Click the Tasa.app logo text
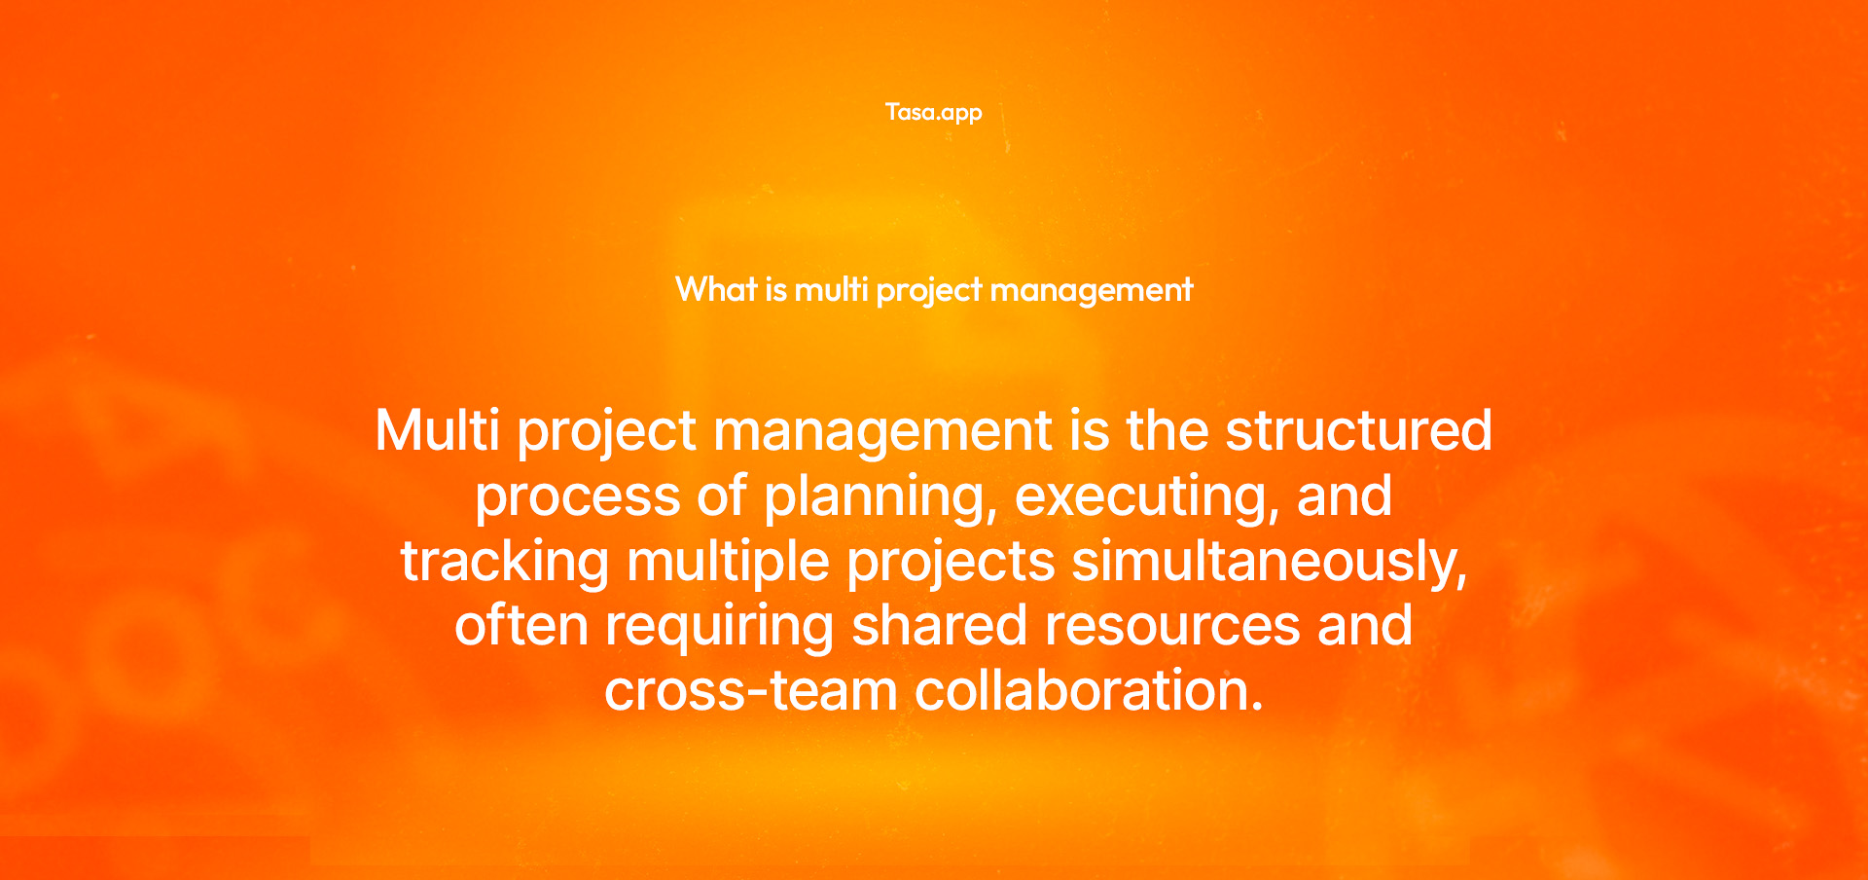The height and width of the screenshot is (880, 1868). [933, 113]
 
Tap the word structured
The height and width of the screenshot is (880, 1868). [1358, 430]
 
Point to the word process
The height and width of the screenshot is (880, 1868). [577, 496]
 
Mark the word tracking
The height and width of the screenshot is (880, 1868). [505, 562]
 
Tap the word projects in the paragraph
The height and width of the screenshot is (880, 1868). [951, 562]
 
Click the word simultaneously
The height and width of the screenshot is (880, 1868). [1270, 562]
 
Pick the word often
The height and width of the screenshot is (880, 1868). [521, 626]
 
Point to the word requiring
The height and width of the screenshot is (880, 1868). [720, 626]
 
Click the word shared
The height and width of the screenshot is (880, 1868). [939, 626]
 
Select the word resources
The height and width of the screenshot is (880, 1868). [1172, 626]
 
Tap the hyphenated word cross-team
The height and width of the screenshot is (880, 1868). [750, 691]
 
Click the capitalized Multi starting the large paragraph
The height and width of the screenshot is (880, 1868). [438, 430]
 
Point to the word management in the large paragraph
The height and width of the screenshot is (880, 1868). [882, 430]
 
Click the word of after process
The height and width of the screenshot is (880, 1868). [721, 496]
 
